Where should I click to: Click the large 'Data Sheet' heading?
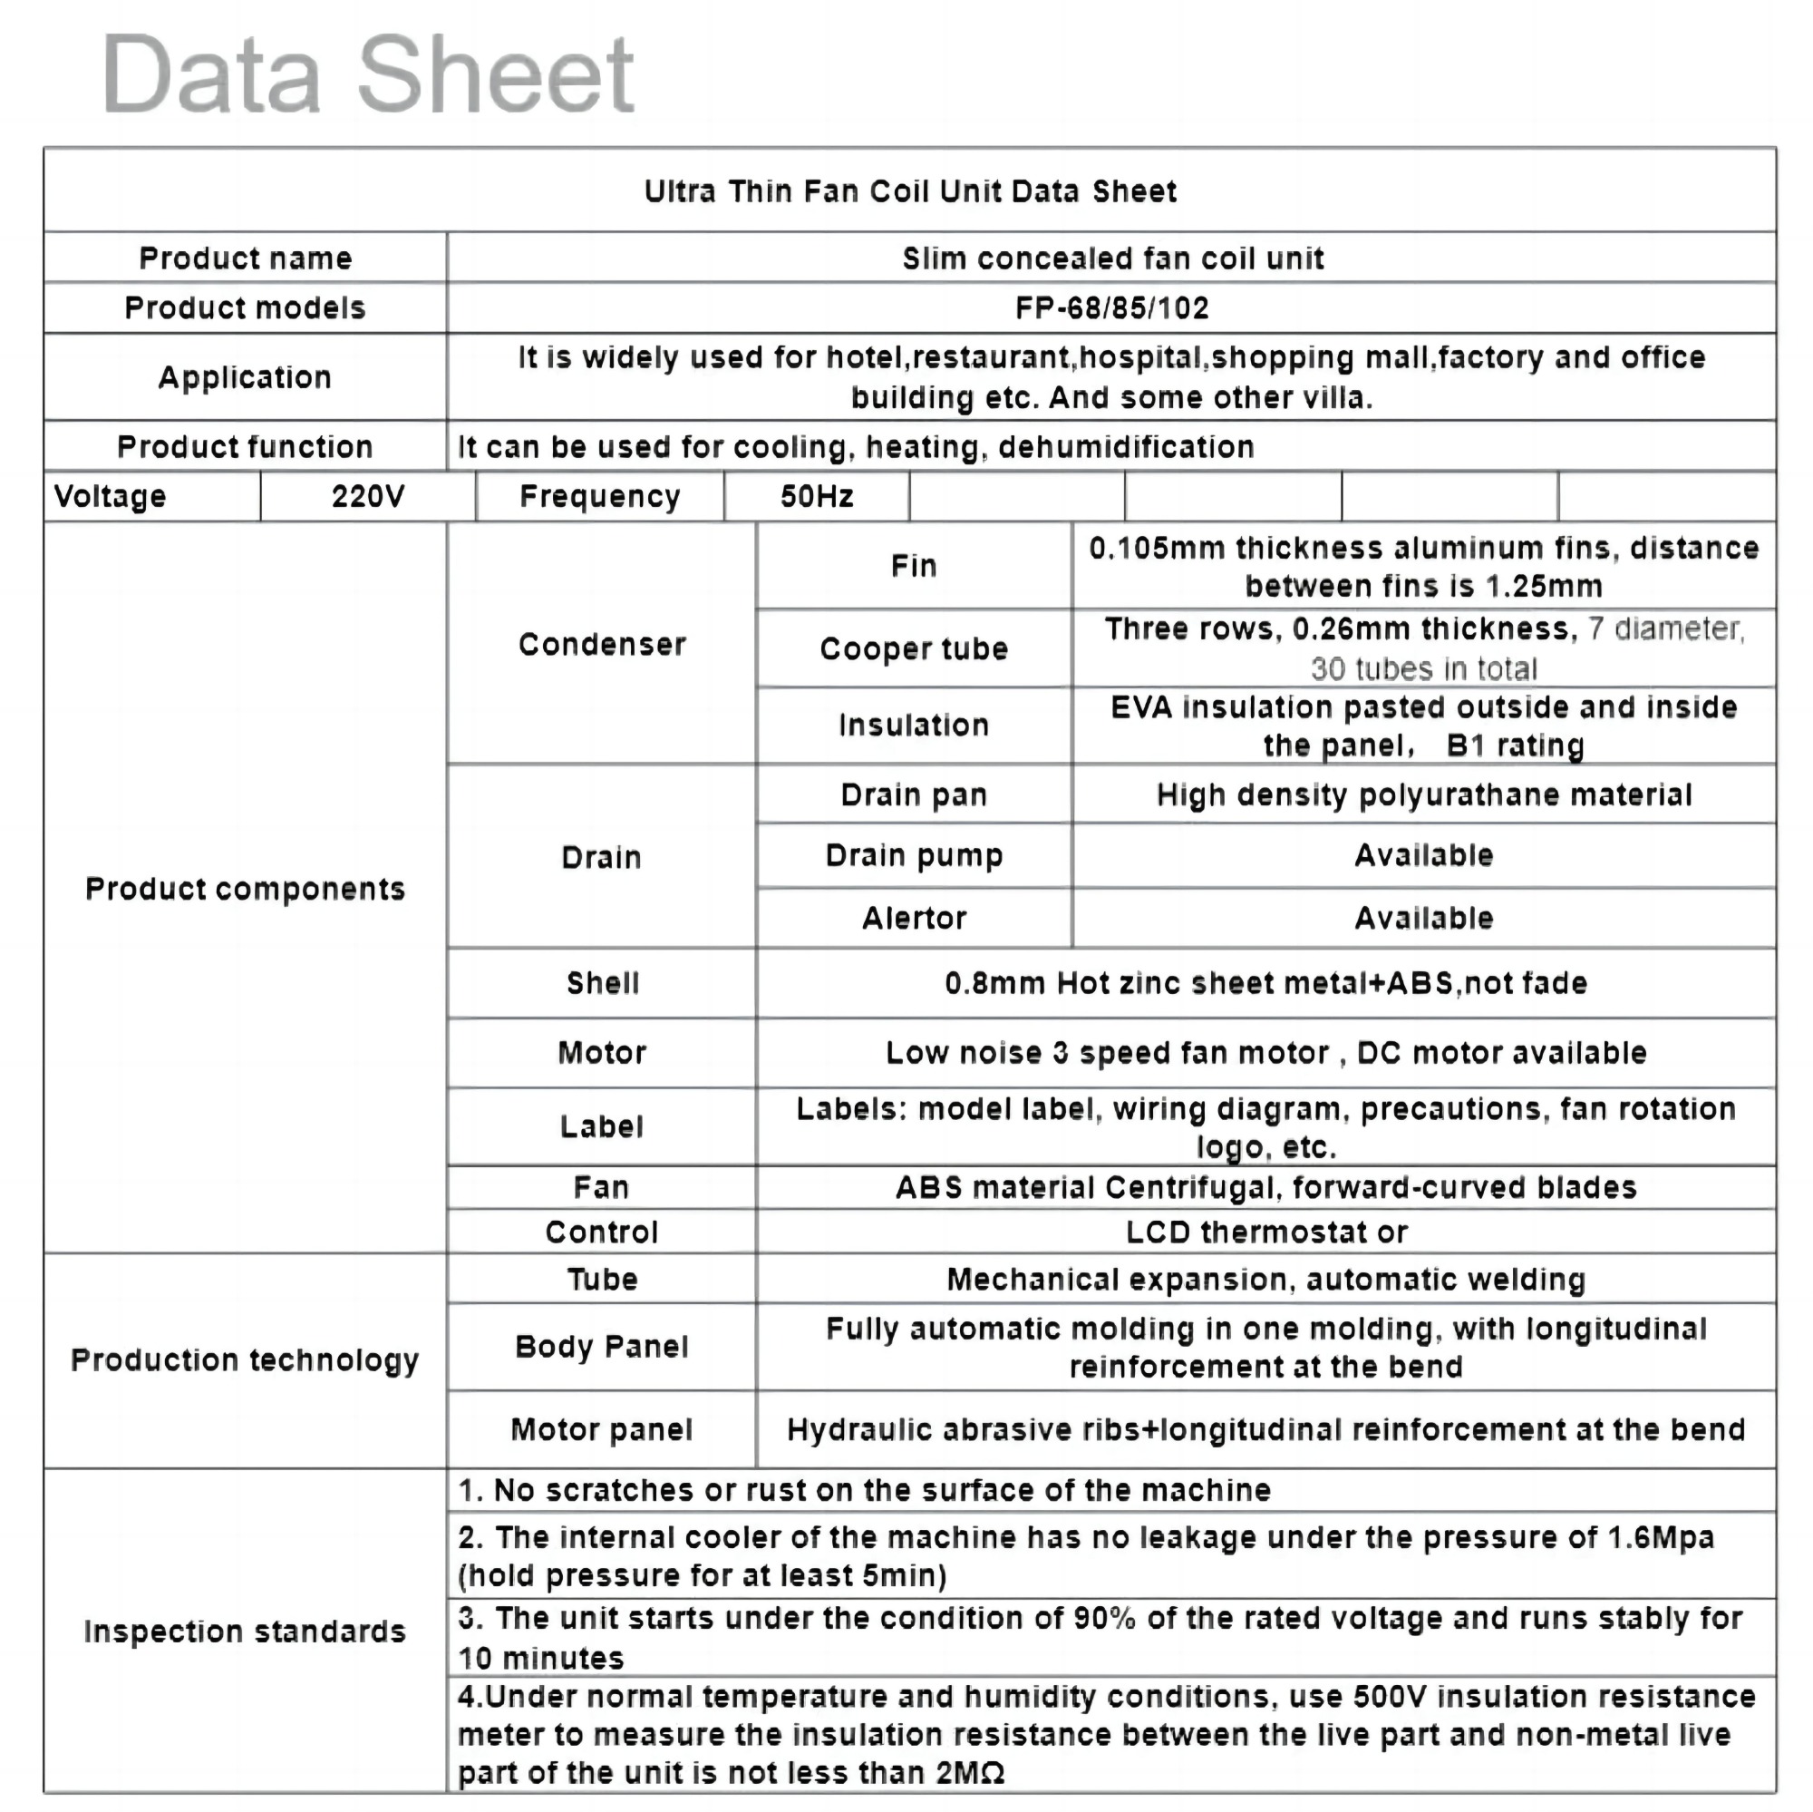point(368,74)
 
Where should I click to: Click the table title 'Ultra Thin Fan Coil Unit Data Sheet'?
point(909,191)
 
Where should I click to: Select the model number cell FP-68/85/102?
point(1112,308)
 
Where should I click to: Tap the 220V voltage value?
point(368,496)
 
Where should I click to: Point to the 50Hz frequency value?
point(817,496)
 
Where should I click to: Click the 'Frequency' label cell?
point(599,496)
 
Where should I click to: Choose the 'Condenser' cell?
point(602,644)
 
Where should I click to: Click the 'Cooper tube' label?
point(913,648)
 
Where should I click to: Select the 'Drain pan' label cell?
point(913,795)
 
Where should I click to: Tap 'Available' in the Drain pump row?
point(1422,855)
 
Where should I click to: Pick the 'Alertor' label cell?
point(913,917)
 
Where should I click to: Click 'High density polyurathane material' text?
point(1422,795)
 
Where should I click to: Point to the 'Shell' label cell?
point(602,983)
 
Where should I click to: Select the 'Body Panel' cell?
point(602,1347)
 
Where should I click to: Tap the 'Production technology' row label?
point(244,1359)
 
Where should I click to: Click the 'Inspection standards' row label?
point(244,1631)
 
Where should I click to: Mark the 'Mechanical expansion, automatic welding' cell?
point(1265,1279)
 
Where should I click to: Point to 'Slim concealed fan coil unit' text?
point(1112,258)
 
